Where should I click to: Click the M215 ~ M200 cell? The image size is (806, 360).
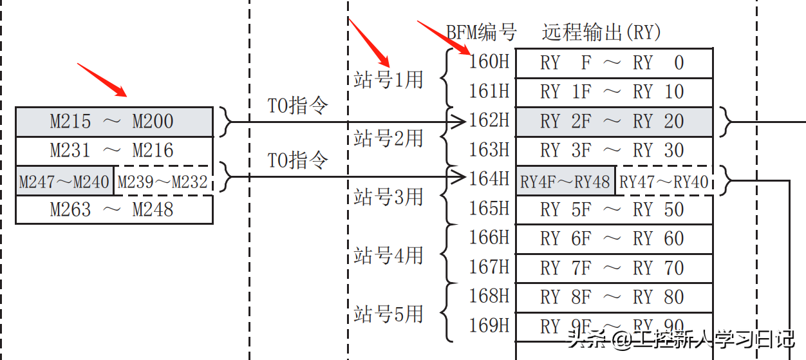pos(113,122)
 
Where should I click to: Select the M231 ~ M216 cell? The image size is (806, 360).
pos(113,151)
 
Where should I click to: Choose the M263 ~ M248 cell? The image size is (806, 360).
pos(113,209)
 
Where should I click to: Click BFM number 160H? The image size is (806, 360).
pos(489,62)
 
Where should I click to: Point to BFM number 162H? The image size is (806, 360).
pos(489,121)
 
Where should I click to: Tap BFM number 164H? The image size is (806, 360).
pos(489,179)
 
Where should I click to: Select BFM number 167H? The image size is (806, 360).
pos(489,267)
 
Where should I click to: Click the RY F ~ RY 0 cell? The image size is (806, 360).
pos(614,63)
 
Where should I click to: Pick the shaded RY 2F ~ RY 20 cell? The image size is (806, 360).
pos(614,122)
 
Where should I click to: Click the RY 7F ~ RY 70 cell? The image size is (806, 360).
pos(614,268)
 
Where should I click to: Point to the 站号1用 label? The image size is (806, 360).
pos(388,79)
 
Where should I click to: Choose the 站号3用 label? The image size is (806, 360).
pos(388,196)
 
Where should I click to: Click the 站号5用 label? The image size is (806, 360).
pos(388,314)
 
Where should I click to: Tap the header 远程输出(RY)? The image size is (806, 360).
pos(601,32)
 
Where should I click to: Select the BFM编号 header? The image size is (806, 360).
pos(482,32)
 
